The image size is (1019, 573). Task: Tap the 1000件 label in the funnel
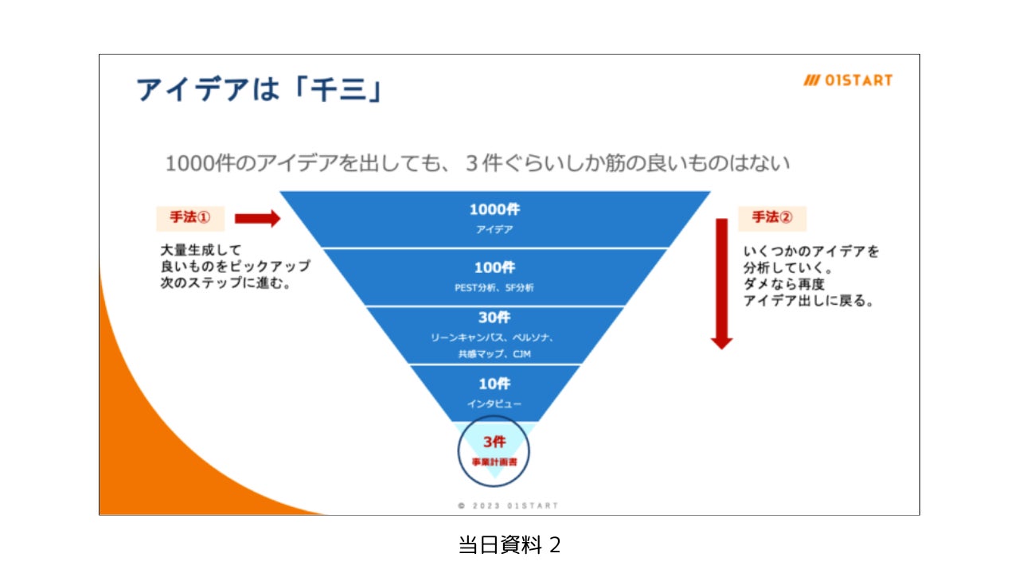(494, 210)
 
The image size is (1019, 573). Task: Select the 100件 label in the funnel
(494, 267)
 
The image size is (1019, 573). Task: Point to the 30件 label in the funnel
(494, 318)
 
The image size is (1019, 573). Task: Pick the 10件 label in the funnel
(494, 384)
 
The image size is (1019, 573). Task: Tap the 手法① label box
(189, 217)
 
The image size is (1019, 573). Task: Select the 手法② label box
(771, 217)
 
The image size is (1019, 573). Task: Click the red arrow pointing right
(258, 218)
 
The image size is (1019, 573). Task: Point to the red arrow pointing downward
(721, 283)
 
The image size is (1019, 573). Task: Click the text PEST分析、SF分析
(494, 288)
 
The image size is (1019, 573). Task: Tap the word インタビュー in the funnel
(494, 404)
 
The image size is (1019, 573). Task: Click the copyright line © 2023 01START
(509, 505)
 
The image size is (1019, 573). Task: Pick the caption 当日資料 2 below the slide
(509, 545)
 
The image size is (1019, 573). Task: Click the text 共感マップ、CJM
(494, 354)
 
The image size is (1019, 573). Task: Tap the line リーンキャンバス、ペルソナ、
(494, 337)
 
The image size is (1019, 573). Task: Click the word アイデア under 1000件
(494, 230)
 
